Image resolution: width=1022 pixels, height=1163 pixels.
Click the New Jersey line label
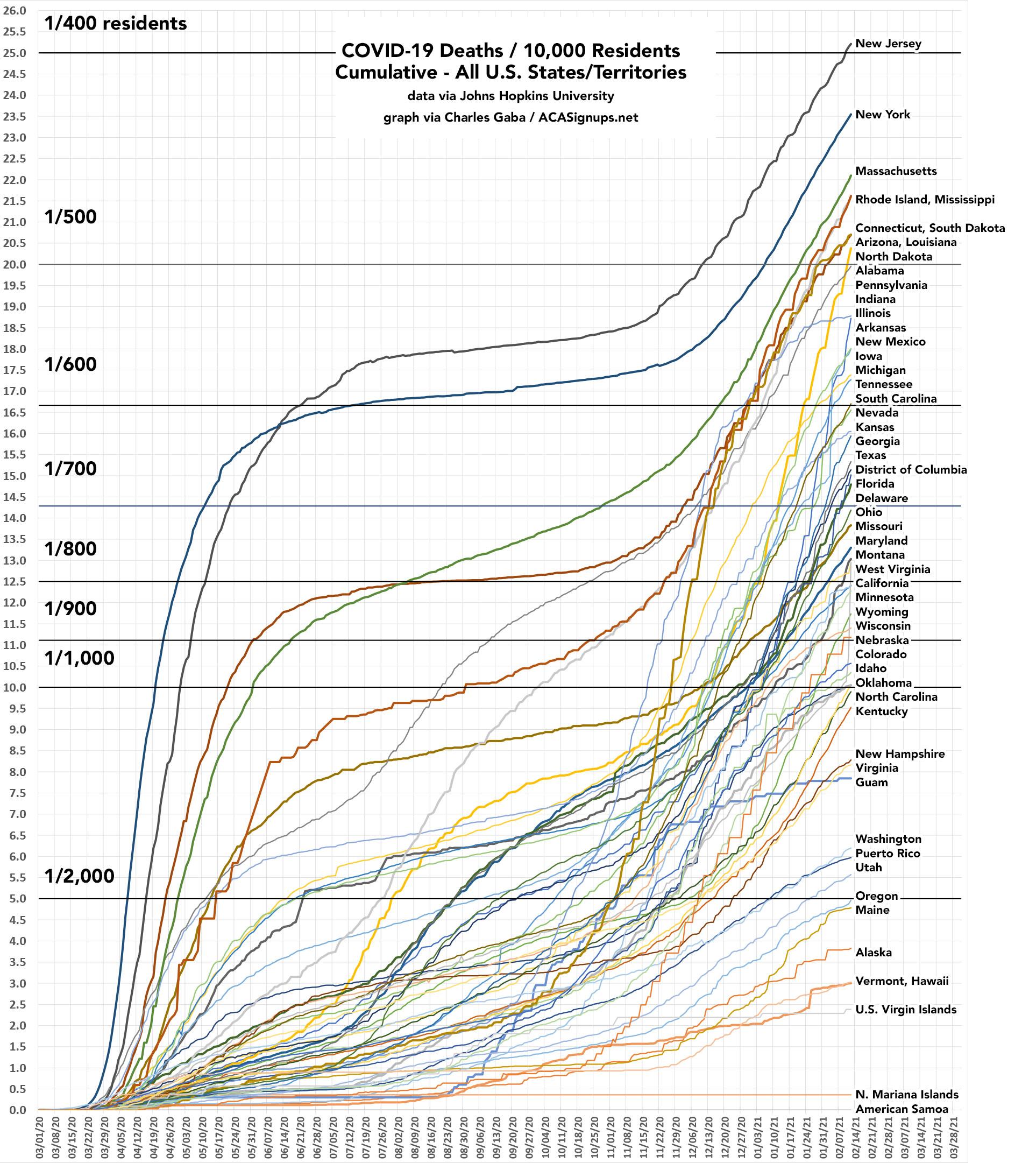[888, 44]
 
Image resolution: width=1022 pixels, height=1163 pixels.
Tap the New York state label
[882, 115]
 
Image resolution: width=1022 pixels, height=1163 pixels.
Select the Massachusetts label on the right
[896, 171]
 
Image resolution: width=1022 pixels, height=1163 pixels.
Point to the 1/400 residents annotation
[116, 24]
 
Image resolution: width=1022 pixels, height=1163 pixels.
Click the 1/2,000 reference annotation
[80, 876]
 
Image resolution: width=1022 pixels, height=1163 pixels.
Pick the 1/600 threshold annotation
[70, 365]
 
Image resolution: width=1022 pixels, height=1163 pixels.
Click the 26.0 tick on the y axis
[14, 10]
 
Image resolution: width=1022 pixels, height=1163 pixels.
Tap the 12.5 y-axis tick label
[14, 581]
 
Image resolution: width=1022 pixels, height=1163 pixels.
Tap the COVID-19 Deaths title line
[510, 51]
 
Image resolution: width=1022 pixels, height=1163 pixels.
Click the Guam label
[871, 783]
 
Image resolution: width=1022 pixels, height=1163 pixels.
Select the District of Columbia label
[911, 469]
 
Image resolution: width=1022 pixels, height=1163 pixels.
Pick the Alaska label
[873, 953]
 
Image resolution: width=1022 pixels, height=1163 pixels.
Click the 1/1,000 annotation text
[80, 658]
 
